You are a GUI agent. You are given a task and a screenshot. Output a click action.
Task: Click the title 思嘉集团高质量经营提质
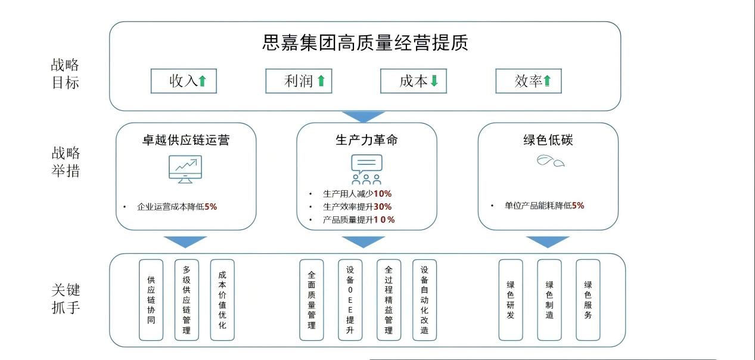[x=365, y=43]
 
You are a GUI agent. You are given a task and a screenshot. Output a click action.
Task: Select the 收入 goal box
[x=184, y=81]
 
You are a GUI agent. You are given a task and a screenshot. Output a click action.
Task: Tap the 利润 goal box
[x=298, y=81]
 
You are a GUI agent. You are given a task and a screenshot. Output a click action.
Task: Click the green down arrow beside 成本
[x=434, y=81]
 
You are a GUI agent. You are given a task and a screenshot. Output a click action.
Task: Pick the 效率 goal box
[x=528, y=81]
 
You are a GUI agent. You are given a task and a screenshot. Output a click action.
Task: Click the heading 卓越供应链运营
[x=185, y=141]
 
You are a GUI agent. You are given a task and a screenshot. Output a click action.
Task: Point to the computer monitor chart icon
[x=185, y=169]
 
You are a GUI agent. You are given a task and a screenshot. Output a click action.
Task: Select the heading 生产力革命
[x=366, y=140]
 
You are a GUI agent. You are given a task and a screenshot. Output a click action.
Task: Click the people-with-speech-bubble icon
[x=366, y=170]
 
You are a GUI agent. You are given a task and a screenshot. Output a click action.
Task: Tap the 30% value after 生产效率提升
[x=383, y=207]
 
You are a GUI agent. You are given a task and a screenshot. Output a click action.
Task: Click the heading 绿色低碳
[x=548, y=141]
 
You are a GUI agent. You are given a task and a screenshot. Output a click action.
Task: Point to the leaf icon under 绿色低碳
[x=550, y=161]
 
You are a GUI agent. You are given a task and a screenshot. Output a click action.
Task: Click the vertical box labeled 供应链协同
[x=151, y=300]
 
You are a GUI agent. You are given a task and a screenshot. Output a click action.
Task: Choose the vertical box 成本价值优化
[x=222, y=300]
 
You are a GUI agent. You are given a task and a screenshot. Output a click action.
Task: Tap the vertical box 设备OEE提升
[x=350, y=300]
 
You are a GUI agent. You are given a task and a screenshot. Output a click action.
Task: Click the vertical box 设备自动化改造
[x=424, y=300]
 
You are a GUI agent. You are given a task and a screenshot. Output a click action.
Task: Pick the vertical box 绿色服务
[x=588, y=300]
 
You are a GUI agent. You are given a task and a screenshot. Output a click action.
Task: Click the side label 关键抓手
[x=66, y=299]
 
